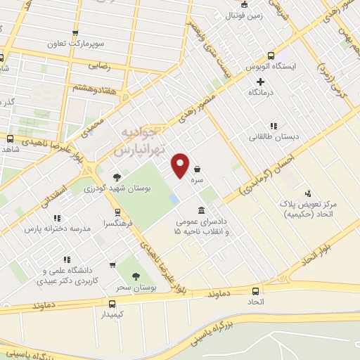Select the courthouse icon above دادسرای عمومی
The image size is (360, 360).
202,210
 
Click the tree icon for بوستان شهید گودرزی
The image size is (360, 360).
117,177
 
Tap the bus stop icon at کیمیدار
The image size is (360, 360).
112,304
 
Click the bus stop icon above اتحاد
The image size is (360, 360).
255,290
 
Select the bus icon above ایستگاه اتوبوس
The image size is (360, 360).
271,56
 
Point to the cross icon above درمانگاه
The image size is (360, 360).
260,82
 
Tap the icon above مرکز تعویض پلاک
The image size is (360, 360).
307,193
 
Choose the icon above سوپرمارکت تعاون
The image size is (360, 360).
75,32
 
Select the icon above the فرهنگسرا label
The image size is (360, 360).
117,211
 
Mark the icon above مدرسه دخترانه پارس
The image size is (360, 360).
57,218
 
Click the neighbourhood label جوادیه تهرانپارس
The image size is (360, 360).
141,141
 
